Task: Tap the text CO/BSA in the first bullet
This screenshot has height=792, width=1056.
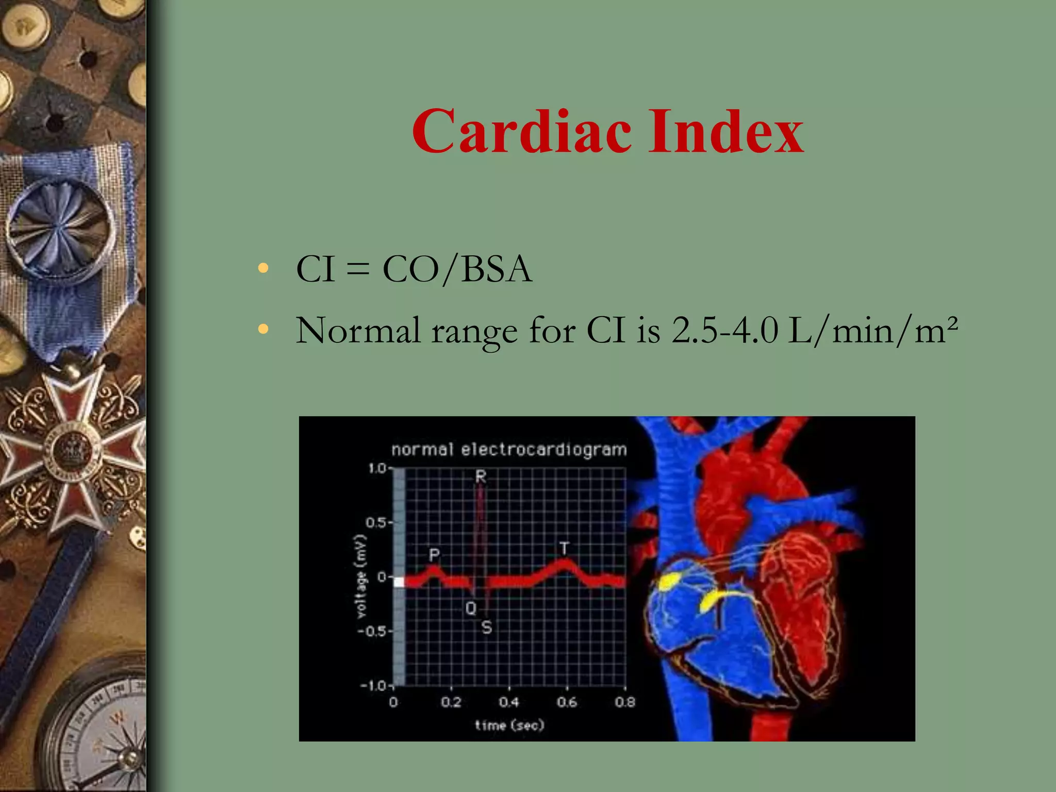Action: [457, 269]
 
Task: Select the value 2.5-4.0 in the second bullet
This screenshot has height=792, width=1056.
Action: [724, 331]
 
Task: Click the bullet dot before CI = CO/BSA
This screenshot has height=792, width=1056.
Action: [263, 269]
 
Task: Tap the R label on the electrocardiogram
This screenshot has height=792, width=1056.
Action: [481, 476]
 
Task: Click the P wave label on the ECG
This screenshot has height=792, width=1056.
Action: [434, 555]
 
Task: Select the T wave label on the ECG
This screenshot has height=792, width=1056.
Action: [565, 548]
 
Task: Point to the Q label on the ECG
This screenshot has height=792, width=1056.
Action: [471, 608]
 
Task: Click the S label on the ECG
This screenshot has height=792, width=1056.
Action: [487, 628]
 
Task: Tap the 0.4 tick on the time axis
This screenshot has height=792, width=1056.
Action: [508, 702]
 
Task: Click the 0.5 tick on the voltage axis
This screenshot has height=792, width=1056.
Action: [376, 523]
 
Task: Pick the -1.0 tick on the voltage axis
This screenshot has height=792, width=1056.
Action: [373, 686]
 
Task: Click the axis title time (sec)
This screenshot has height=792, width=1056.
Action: [509, 725]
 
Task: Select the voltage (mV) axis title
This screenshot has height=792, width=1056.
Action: [361, 576]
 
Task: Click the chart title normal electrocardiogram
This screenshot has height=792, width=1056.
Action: [509, 450]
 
